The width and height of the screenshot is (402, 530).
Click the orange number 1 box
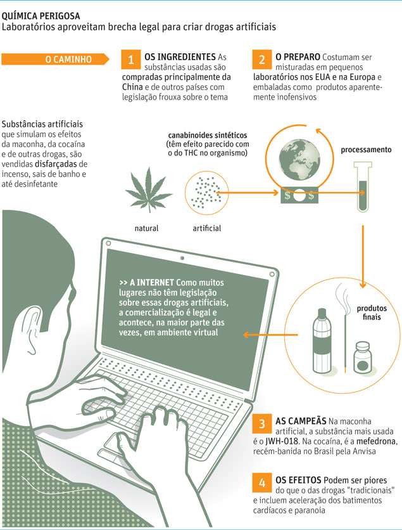tap(130, 60)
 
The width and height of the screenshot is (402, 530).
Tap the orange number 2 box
tap(261, 60)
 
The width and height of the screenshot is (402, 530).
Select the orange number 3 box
tap(261, 424)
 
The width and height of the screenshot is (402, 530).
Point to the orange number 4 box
tap(261, 482)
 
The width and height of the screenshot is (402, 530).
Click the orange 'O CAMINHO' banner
tap(55, 59)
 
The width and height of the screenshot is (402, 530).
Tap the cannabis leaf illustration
tap(149, 190)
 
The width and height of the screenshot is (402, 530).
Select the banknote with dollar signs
tap(299, 195)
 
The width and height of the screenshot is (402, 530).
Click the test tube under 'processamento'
tap(363, 186)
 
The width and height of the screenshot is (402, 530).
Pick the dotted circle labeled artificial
tap(206, 193)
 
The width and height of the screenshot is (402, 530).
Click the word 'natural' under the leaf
tap(146, 228)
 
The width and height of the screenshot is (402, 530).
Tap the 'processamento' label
tap(366, 150)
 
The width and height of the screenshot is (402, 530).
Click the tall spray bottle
tap(322, 340)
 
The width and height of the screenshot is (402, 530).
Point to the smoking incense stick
tap(344, 328)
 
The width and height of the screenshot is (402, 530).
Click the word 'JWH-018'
tap(282, 441)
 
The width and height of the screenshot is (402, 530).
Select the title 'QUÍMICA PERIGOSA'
tap(41, 16)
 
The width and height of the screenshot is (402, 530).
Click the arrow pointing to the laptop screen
tap(270, 335)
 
